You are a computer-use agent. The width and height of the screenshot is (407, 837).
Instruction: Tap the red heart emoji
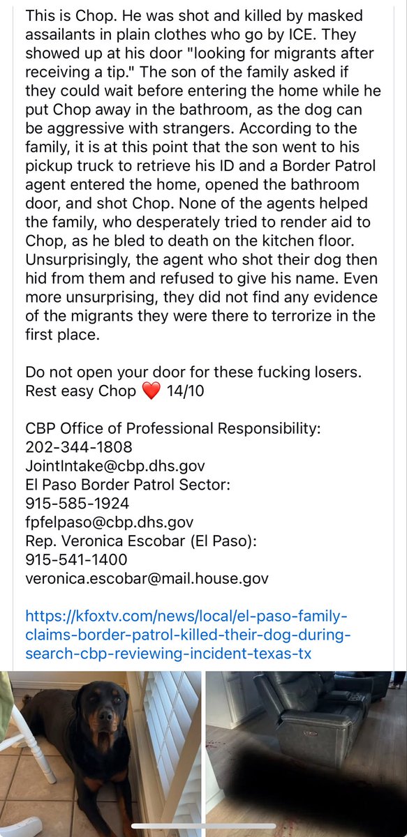coord(151,391)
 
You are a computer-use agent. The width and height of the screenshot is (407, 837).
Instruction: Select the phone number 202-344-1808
coord(78,446)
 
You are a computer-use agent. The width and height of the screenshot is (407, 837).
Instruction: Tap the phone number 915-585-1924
coord(77,503)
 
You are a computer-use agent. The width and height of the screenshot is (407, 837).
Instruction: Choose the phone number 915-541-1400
coord(76,559)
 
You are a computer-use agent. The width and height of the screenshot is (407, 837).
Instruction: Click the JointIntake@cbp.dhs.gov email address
coord(114,465)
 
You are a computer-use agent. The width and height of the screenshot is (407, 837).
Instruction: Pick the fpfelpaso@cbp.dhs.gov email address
coord(109,522)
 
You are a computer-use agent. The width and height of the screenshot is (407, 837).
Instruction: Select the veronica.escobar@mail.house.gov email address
coord(147,578)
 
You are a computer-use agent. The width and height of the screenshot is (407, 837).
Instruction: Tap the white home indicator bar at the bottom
coord(203,829)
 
